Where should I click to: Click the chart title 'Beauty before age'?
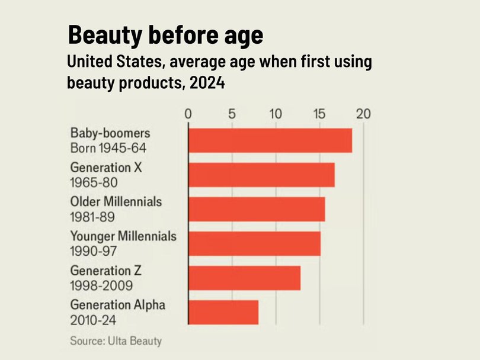click(165, 36)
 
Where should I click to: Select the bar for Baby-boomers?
click(270, 140)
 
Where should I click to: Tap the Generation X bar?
click(261, 175)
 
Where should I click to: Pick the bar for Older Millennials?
click(257, 209)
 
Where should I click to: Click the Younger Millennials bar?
click(254, 243)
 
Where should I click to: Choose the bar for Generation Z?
click(244, 278)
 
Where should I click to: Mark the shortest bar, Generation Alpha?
click(223, 312)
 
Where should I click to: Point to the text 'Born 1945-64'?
click(108, 147)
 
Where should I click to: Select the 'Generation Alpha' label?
click(117, 305)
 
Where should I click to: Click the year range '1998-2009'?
click(101, 285)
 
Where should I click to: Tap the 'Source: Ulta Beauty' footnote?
click(116, 341)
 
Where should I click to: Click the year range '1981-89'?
click(92, 217)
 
